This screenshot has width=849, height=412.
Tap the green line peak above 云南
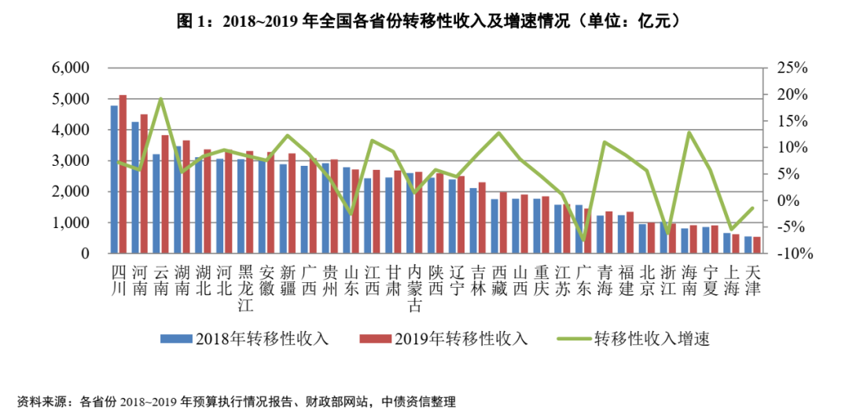point(160,99)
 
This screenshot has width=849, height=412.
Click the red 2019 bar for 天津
point(757,245)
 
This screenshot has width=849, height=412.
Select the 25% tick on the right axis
point(789,68)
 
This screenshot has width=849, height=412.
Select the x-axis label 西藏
point(499,280)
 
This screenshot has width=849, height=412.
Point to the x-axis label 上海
point(731,280)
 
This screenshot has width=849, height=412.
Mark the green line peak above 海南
point(689,132)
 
